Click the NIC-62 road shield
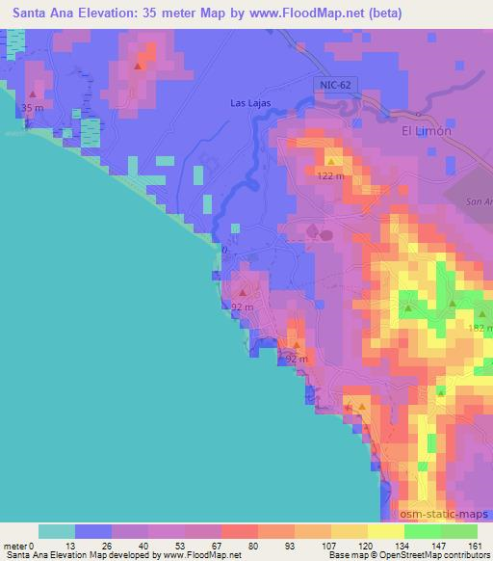point(330,86)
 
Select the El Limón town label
point(426,131)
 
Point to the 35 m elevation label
point(32,109)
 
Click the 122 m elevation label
point(331,176)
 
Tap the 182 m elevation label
point(479,329)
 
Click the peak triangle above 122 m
point(331,161)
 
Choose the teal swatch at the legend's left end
point(57,531)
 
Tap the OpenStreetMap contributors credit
point(434,556)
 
